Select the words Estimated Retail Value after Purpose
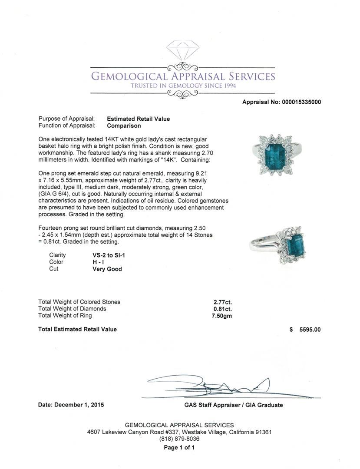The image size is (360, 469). [138, 119]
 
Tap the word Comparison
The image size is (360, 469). [124, 126]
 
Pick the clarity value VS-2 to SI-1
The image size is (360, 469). [106, 255]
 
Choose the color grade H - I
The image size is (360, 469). [96, 262]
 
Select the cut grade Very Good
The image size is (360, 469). [107, 269]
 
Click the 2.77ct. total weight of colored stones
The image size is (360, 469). [223, 302]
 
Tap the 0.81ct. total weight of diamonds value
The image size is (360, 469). [223, 309]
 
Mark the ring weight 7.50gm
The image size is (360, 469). [222, 316]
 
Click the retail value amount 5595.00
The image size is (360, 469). [310, 330]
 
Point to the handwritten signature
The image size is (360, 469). [213, 386]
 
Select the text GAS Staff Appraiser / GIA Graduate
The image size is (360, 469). [233, 405]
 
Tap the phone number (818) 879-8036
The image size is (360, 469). [179, 439]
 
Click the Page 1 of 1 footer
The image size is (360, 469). [179, 448]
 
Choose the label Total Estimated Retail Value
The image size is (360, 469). [77, 330]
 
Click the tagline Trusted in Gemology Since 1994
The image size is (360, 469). [183, 86]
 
